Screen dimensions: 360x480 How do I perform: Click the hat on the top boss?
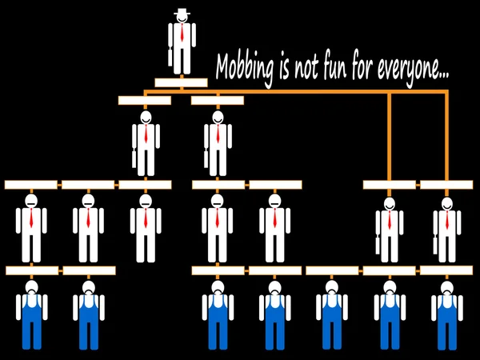pyautogui.click(x=182, y=11)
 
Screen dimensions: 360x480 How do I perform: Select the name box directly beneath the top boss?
pyautogui.click(x=181, y=82)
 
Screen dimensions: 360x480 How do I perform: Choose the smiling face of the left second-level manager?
pyautogui.click(x=145, y=119)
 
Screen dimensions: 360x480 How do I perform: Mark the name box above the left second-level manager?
pyautogui.click(x=144, y=101)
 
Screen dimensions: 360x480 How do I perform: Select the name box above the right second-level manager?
pyautogui.click(x=217, y=101)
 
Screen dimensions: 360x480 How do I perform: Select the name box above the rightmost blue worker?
pyautogui.click(x=446, y=270)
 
